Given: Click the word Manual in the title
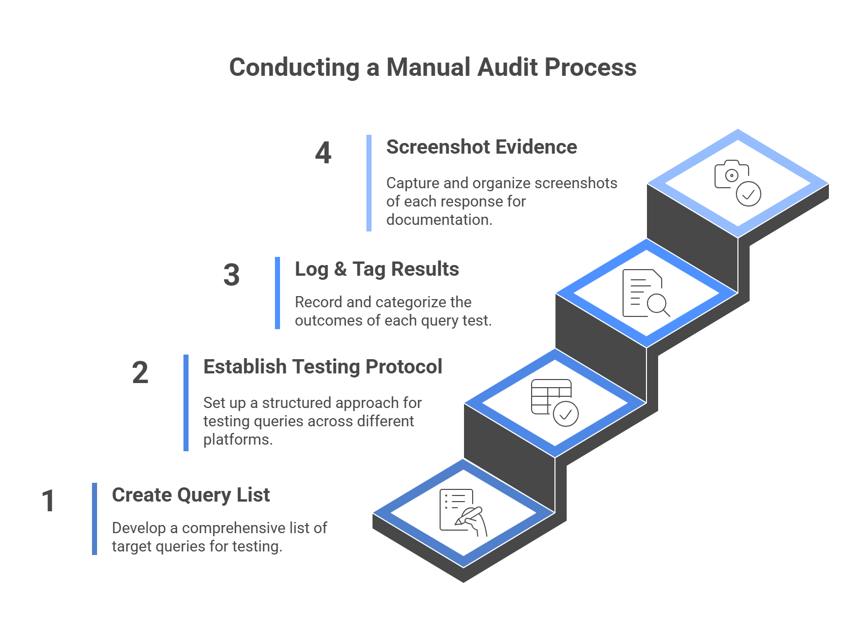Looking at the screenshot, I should pyautogui.click(x=428, y=68).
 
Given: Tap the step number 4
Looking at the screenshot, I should pyautogui.click(x=323, y=153).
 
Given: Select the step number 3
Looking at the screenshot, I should pyautogui.click(x=232, y=275).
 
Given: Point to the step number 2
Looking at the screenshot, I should pyautogui.click(x=140, y=373).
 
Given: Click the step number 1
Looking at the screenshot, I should pyautogui.click(x=48, y=501).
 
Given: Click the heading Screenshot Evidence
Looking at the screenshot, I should pyautogui.click(x=481, y=147).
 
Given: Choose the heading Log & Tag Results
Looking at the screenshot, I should pyautogui.click(x=377, y=269).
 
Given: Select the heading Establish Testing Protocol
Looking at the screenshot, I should pyautogui.click(x=322, y=367).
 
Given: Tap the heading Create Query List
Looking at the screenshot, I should pyautogui.click(x=191, y=495).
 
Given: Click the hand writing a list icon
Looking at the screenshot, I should pyautogui.click(x=463, y=513).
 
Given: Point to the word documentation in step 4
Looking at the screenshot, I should pyautogui.click(x=439, y=220).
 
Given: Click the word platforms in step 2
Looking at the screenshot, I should pyautogui.click(x=237, y=440).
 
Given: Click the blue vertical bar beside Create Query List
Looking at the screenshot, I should pyautogui.click(x=95, y=519).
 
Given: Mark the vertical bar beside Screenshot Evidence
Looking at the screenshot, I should pyautogui.click(x=369, y=183).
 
